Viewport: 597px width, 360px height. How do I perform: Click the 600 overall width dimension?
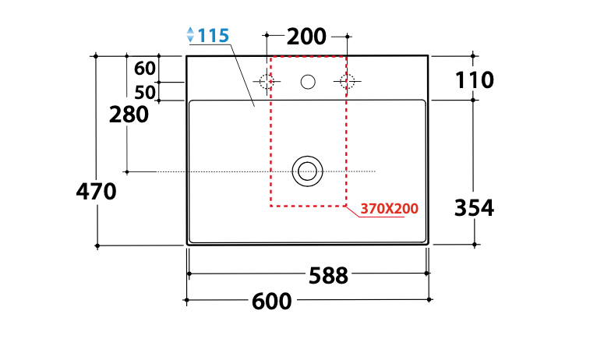[x=272, y=300]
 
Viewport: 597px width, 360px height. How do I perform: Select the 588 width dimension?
[x=328, y=276]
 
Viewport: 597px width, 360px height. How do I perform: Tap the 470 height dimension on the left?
[x=97, y=191]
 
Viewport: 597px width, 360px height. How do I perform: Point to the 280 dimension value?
[x=129, y=115]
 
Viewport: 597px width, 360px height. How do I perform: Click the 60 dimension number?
[x=145, y=67]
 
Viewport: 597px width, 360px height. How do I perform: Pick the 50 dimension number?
[x=145, y=92]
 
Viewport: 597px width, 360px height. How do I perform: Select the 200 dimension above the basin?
[x=306, y=37]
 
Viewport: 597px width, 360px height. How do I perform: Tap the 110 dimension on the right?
[x=474, y=79]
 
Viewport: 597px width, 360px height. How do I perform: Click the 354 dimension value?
[x=474, y=207]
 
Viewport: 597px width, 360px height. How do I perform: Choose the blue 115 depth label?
[x=213, y=36]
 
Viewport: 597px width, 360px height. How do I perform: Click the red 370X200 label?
[x=390, y=209]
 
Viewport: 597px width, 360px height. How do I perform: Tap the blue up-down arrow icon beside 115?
[x=190, y=35]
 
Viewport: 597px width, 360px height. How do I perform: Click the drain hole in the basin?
[x=308, y=171]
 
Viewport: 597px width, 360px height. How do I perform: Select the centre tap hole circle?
[x=308, y=81]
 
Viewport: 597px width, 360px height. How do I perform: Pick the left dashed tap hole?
[x=267, y=81]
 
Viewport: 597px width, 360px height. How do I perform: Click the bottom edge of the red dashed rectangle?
[x=308, y=206]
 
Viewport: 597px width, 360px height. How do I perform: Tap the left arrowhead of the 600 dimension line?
[x=187, y=300]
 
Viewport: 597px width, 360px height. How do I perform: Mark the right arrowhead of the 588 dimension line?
[x=427, y=274]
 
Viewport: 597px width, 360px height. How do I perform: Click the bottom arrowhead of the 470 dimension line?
[x=97, y=245]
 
